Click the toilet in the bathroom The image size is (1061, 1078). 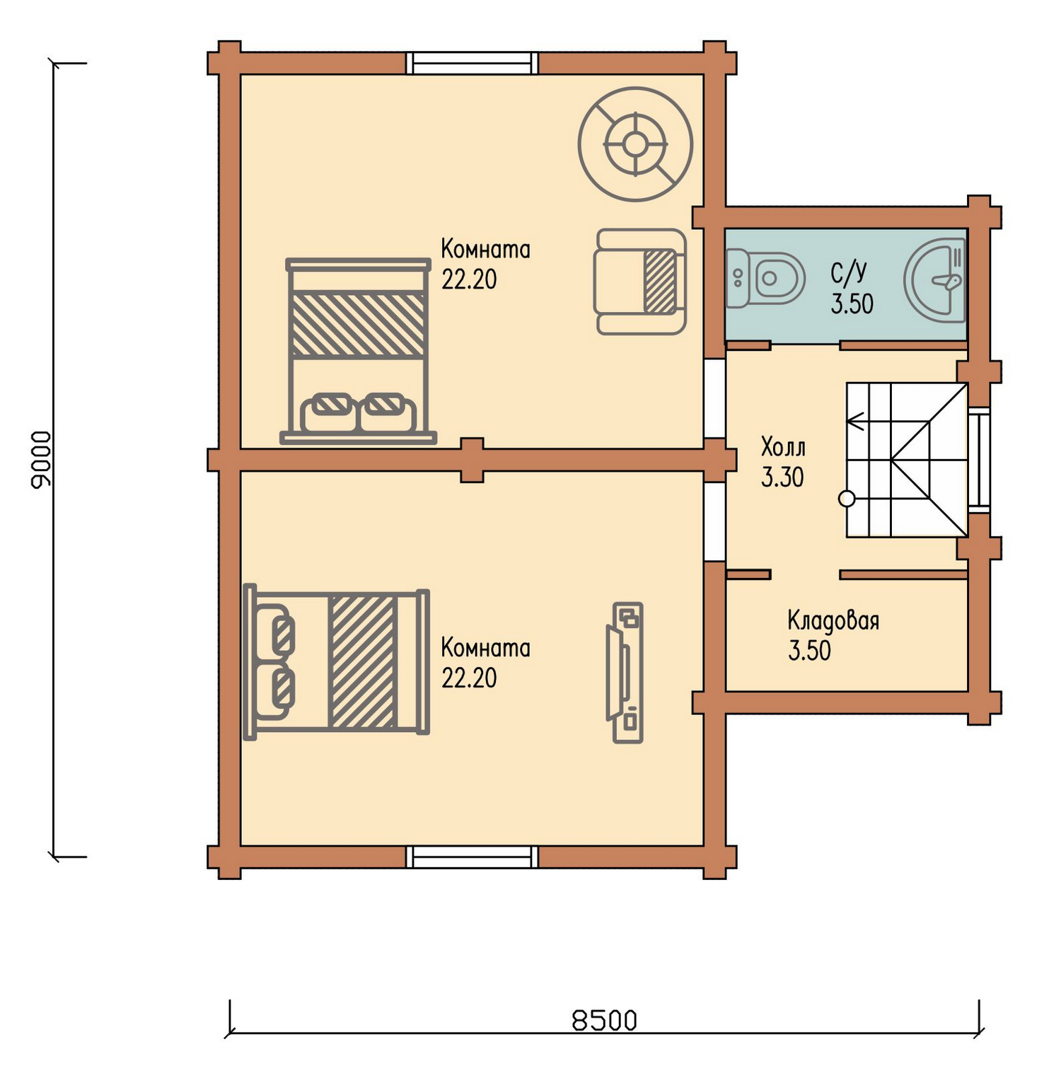(x=766, y=278)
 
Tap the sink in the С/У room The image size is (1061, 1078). (x=934, y=277)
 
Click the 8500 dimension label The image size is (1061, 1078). (x=605, y=1020)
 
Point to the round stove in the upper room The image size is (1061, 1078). (x=635, y=144)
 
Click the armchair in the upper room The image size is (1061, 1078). (x=640, y=282)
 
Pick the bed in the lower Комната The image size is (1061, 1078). (x=337, y=662)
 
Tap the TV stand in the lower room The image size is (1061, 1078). (x=625, y=672)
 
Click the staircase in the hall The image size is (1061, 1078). (x=907, y=460)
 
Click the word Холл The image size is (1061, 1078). (x=783, y=447)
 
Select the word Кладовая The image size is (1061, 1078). (x=833, y=620)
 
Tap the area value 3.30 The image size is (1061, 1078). (x=782, y=477)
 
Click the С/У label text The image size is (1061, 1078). (x=849, y=272)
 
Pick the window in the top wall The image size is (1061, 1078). (x=472, y=63)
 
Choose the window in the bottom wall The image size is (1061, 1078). (x=472, y=857)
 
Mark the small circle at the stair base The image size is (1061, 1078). (x=846, y=499)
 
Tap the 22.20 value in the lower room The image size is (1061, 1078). (x=469, y=678)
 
